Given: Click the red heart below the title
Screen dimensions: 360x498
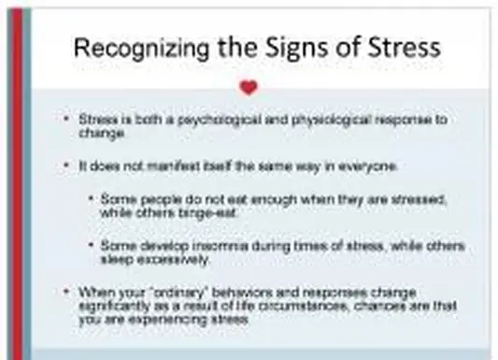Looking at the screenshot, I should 248,88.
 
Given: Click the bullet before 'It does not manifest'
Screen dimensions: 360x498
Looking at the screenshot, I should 65,166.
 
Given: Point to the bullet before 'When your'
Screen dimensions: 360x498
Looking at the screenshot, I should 65,292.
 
